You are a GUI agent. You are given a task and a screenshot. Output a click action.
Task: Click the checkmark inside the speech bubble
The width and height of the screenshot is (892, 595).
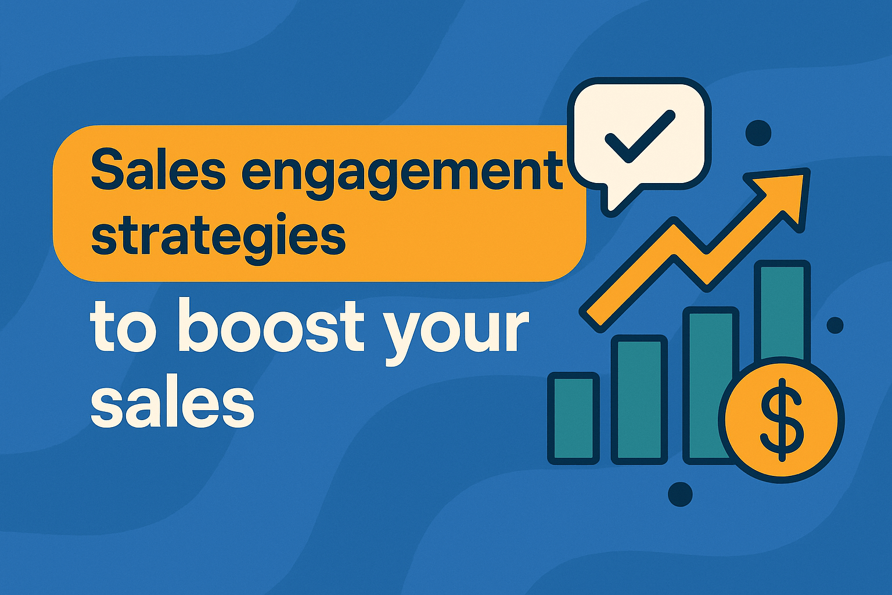tap(639, 136)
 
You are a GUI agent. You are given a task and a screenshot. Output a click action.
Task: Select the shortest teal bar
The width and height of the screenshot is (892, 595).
tap(574, 418)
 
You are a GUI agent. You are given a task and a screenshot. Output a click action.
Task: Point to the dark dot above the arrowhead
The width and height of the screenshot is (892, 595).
tap(758, 133)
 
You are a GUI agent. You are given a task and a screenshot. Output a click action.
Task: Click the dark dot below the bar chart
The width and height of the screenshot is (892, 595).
tap(680, 494)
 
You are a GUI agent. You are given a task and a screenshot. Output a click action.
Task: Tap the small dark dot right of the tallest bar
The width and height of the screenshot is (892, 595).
tap(835, 325)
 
